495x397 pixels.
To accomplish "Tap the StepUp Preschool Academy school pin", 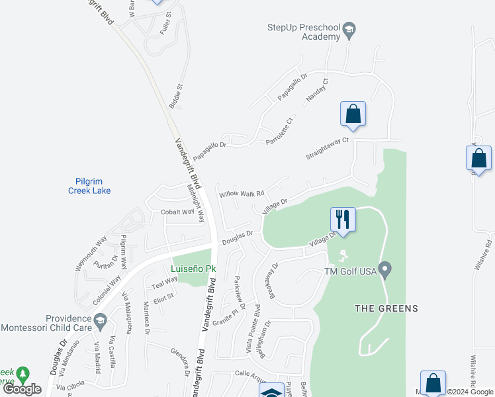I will pyautogui.click(x=349, y=30).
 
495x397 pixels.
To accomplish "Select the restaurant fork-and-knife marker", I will pyautogui.click(x=343, y=219).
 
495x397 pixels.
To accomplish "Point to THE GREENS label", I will pyautogui.click(x=386, y=308).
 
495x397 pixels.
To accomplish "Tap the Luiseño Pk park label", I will pyautogui.click(x=194, y=269).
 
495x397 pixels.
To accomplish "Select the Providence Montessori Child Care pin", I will pyautogui.click(x=101, y=322).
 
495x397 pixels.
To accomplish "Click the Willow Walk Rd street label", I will pyautogui.click(x=242, y=194).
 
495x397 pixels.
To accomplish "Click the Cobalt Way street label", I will pyautogui.click(x=177, y=212).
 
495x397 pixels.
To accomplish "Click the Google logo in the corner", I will pyautogui.click(x=22, y=389).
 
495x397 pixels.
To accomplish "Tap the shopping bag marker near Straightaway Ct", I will pyautogui.click(x=353, y=114).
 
